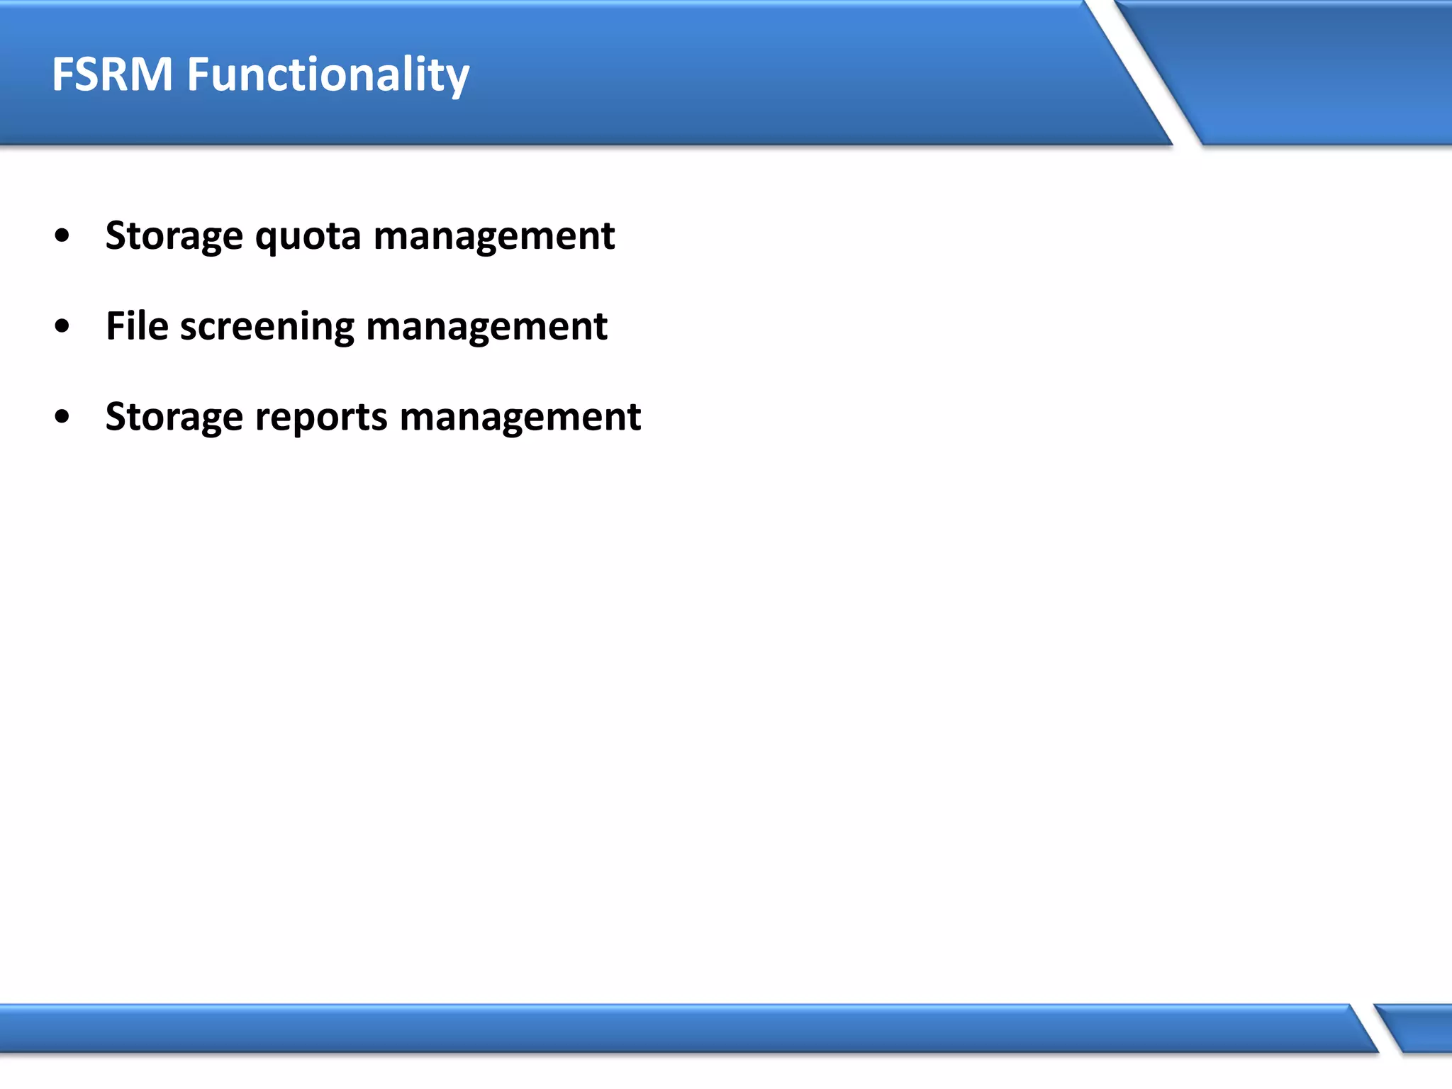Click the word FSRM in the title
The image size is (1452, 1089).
[112, 74]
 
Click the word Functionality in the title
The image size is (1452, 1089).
[328, 74]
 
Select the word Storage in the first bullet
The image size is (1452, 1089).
[174, 236]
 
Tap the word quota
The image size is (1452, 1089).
[308, 236]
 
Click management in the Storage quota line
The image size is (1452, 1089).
[493, 236]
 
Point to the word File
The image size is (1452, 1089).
[137, 326]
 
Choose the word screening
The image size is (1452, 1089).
[267, 328]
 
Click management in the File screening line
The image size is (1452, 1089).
[486, 326]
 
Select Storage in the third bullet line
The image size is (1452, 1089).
[174, 417]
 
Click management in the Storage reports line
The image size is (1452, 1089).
[520, 417]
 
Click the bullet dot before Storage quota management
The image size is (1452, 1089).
[62, 236]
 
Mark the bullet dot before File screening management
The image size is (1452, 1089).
[62, 326]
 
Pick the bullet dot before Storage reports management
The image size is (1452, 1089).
[62, 417]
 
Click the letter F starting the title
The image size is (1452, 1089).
[62, 74]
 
